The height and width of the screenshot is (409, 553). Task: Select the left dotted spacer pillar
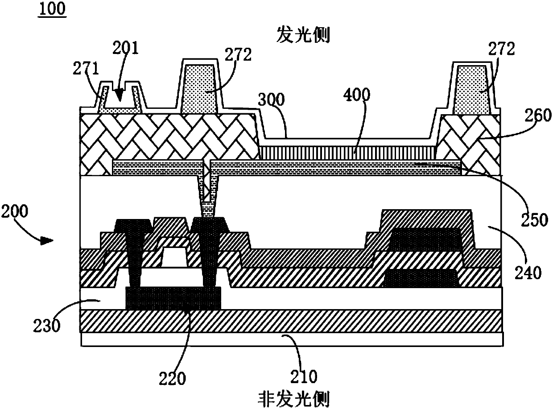pos(200,87)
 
